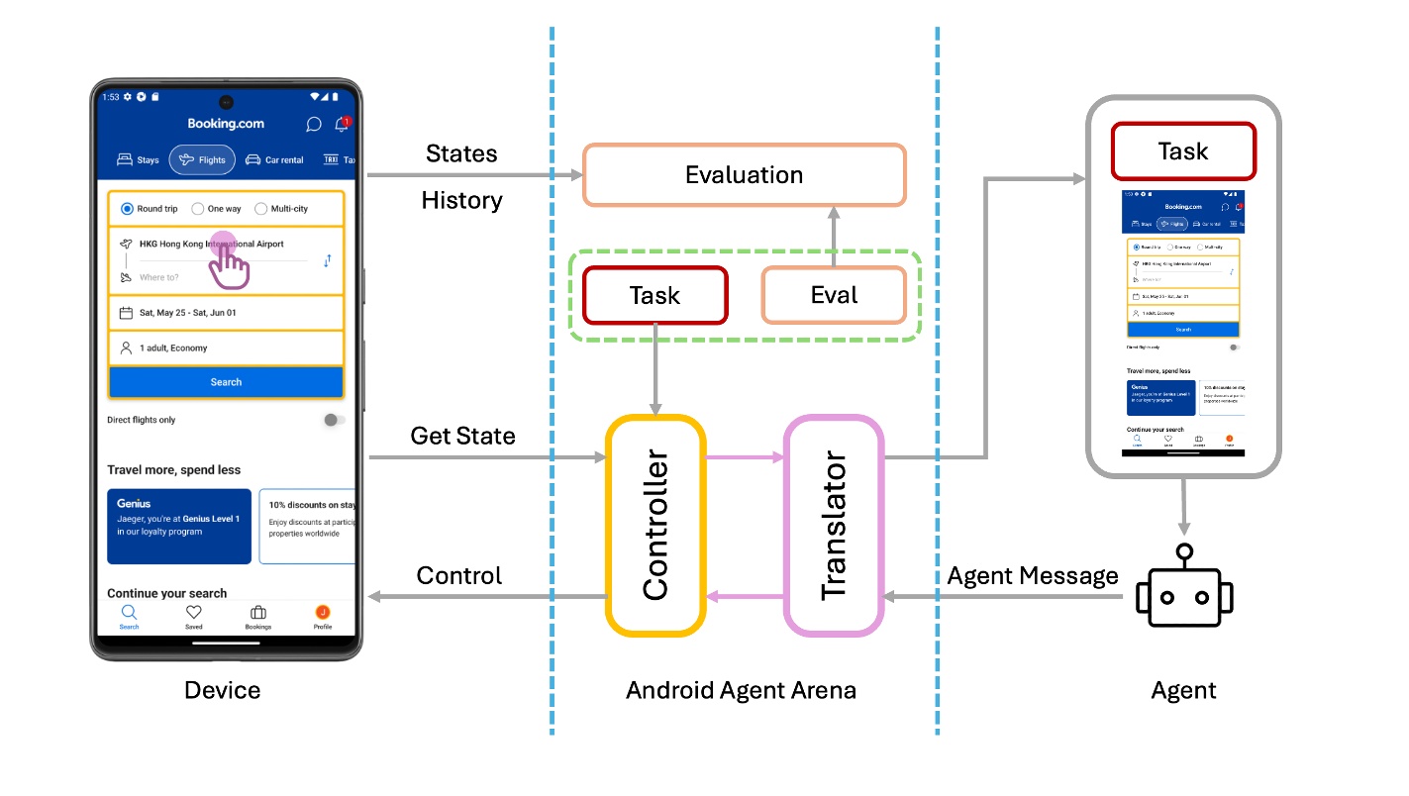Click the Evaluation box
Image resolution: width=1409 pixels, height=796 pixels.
click(x=744, y=175)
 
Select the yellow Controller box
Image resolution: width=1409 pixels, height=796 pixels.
click(x=654, y=525)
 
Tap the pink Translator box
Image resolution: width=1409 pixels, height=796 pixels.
click(x=833, y=525)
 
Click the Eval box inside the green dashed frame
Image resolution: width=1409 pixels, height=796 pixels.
click(x=833, y=295)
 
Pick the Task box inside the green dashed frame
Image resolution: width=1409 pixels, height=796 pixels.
click(x=654, y=295)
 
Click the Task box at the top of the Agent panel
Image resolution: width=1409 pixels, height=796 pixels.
click(x=1183, y=151)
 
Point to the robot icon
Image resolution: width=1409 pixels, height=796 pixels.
click(x=1183, y=591)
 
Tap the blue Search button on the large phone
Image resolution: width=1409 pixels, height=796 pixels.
click(x=226, y=382)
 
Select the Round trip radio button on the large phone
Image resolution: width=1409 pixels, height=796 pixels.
click(x=127, y=209)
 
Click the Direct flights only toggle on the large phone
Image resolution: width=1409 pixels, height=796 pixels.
click(x=334, y=420)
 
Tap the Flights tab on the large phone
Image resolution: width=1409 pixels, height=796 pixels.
click(x=202, y=159)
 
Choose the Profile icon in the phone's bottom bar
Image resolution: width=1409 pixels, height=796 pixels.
click(x=323, y=614)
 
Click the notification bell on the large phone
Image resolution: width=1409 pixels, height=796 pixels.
click(x=342, y=125)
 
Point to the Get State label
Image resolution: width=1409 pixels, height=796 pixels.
click(x=462, y=436)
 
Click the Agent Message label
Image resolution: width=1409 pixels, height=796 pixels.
click(x=1033, y=576)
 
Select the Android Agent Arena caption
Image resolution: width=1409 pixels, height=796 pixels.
click(x=741, y=690)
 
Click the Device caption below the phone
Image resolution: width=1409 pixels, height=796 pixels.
click(x=223, y=690)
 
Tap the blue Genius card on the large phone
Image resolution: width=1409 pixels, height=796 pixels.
click(x=179, y=526)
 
